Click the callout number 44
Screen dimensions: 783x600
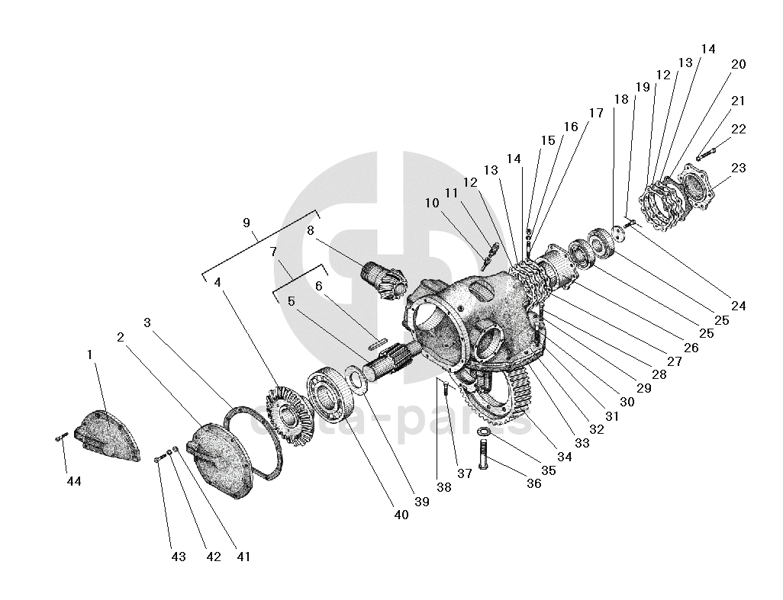click(73, 481)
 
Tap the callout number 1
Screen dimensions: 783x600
click(89, 355)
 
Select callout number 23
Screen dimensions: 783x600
click(738, 168)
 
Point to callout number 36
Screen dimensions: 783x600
click(533, 483)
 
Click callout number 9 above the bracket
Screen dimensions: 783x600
click(246, 223)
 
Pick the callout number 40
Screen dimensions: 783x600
click(401, 515)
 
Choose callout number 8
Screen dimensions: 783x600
click(311, 230)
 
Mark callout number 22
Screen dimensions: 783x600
click(738, 130)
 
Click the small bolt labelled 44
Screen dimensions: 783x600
click(62, 437)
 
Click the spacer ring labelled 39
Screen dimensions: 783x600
click(355, 378)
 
